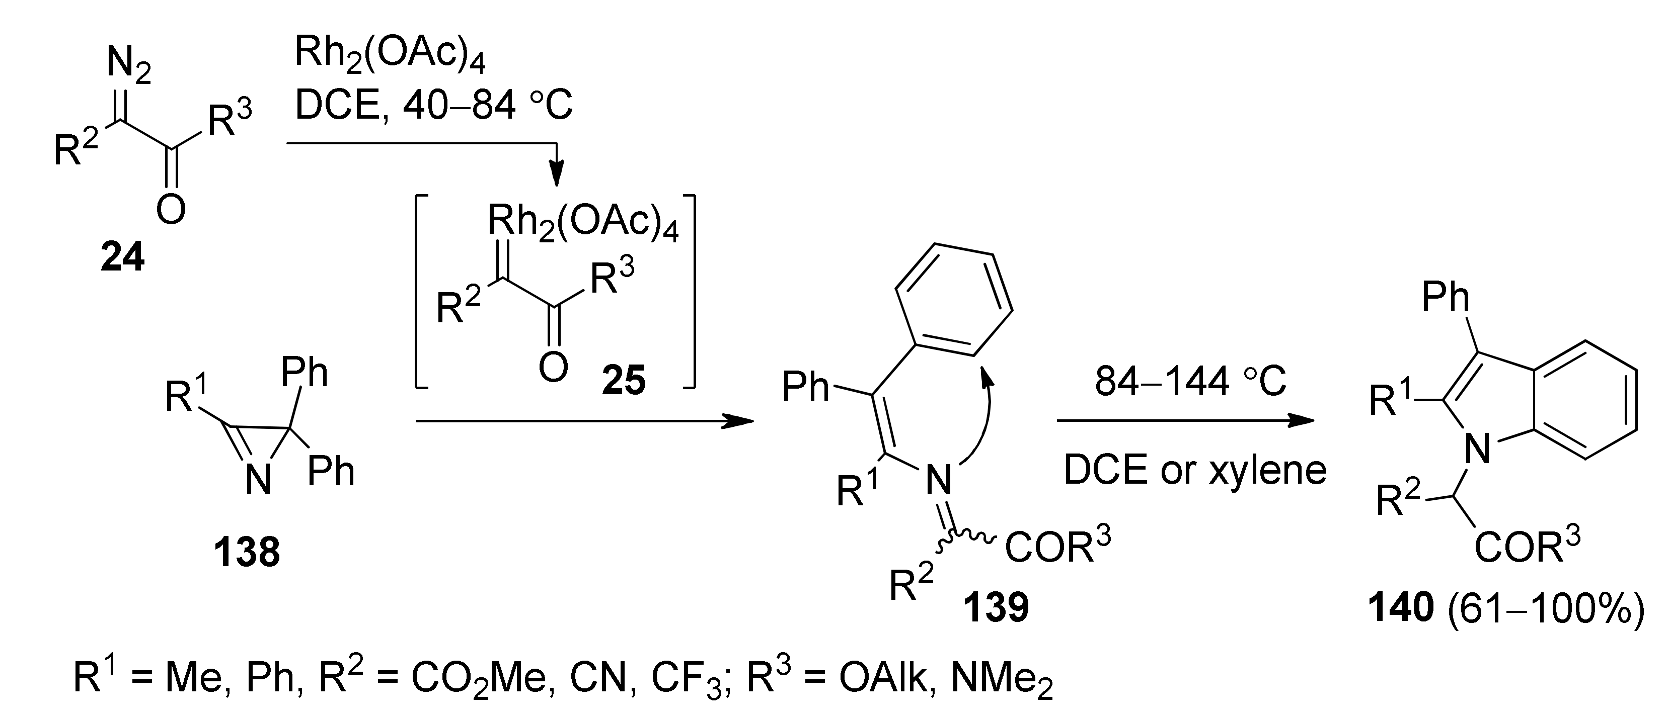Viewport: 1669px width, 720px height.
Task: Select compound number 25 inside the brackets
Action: pyautogui.click(x=623, y=381)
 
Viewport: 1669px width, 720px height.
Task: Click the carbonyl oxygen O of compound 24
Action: pyautogui.click(x=171, y=209)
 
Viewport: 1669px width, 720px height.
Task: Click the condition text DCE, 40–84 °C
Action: pyautogui.click(x=433, y=105)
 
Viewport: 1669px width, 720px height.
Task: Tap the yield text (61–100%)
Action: pyautogui.click(x=1546, y=609)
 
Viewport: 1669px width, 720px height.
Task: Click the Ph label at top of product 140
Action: pyautogui.click(x=1446, y=297)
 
